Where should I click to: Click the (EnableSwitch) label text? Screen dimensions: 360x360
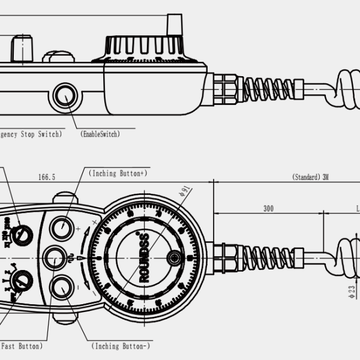pos(100,134)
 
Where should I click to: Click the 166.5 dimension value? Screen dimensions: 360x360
pos(47,177)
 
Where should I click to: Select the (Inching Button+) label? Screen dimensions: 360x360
pos(118,173)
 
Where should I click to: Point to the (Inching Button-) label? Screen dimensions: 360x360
pos(121,346)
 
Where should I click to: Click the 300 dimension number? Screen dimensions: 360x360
pos(268,208)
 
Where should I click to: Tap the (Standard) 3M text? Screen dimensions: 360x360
pos(310,177)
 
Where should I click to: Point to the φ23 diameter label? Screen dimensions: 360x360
pos(352,292)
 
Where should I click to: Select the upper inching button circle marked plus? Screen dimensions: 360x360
pos(62,228)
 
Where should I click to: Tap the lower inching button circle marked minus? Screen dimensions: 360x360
pos(61,289)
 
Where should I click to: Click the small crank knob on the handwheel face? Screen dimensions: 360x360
pos(174,258)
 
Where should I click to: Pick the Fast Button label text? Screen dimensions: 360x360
pos(22,346)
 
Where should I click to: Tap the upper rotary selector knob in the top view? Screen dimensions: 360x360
pos(23,234)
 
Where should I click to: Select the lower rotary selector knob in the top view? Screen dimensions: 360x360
pos(23,280)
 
